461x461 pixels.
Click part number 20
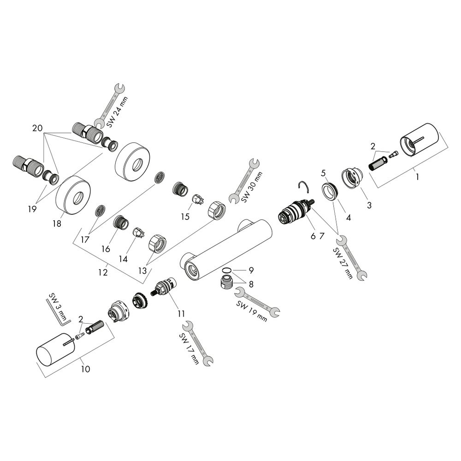(37, 128)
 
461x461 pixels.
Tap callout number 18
(57, 224)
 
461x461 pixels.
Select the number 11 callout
(181, 314)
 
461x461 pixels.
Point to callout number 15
(185, 217)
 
